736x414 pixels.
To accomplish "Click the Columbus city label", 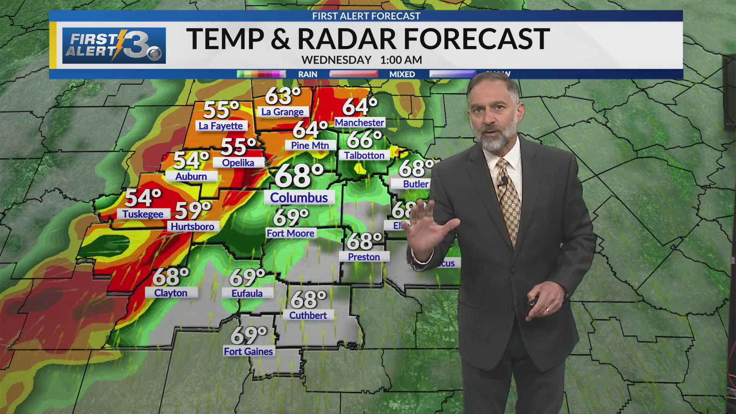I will [299, 198].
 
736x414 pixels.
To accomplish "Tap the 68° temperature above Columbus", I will [299, 176].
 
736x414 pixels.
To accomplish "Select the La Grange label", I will [283, 112].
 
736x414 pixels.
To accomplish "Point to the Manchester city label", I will [359, 123].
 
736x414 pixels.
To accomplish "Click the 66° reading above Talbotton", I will [364, 140].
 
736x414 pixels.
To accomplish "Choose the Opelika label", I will [238, 163].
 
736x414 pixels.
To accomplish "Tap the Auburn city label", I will [191, 176].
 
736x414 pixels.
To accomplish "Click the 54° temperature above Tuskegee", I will [143, 198].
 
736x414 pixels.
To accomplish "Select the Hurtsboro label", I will [192, 227].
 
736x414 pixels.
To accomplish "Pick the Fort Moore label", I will [291, 233].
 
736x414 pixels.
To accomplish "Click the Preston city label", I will [364, 257].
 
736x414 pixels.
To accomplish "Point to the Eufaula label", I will [247, 293].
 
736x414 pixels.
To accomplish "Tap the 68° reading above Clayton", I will [171, 277].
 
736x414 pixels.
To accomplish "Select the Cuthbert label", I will [308, 315].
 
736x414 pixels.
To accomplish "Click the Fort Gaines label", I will [248, 351].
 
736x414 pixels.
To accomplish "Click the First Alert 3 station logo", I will [114, 45].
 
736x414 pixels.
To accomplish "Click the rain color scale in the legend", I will [261, 74].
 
